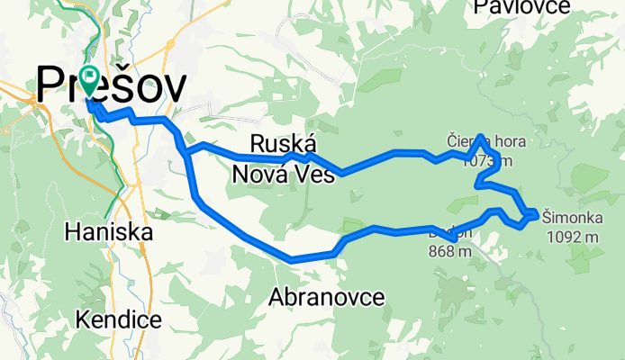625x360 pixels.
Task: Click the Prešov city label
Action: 112,85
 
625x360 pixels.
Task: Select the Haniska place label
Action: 109,232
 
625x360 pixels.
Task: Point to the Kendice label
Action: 119,319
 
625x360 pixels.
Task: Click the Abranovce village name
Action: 328,296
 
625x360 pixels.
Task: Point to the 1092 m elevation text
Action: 573,238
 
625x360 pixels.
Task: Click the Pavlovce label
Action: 522,7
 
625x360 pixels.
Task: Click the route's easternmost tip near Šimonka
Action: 537,214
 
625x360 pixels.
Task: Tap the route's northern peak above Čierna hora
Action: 482,137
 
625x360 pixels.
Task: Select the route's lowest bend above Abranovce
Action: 291,260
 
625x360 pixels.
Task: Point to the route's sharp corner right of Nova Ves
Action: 341,173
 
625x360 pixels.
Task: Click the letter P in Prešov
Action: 51,85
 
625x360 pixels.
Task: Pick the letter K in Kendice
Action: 82,319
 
